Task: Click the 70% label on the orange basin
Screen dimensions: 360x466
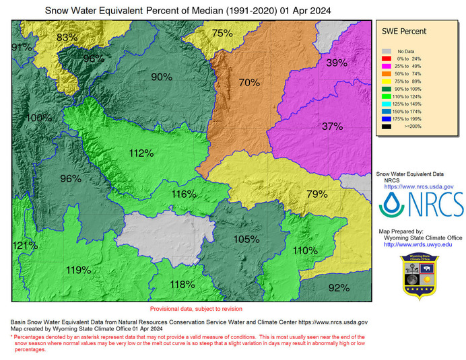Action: point(248,83)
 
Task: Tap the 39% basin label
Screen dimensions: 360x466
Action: point(336,63)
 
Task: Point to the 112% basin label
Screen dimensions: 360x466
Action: point(141,153)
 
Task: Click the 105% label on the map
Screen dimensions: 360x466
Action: point(246,239)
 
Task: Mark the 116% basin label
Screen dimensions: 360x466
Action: point(183,194)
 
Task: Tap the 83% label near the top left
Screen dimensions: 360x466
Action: point(67,37)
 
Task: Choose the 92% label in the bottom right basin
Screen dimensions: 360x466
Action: point(339,287)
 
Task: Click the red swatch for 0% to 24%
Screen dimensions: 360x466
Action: point(386,59)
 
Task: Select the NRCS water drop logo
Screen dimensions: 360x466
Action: point(392,205)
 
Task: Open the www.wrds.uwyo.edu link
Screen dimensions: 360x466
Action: point(418,244)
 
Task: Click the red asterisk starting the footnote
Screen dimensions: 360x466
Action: point(12,336)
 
